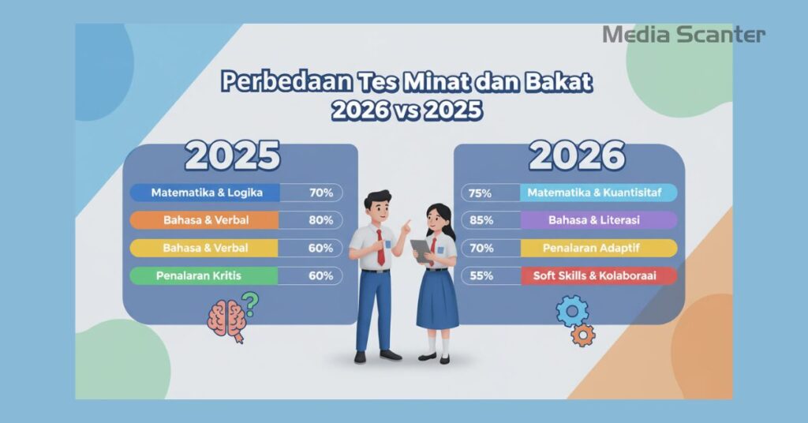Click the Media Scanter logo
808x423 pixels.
click(683, 34)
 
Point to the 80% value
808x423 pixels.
click(320, 220)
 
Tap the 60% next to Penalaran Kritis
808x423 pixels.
click(320, 275)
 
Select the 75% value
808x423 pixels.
click(481, 193)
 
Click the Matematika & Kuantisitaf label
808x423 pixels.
click(597, 193)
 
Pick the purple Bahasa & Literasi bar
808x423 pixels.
click(597, 220)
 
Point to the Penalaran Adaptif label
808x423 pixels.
click(597, 248)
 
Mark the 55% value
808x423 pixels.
click(481, 275)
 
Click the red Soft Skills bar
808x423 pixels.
click(597, 275)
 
